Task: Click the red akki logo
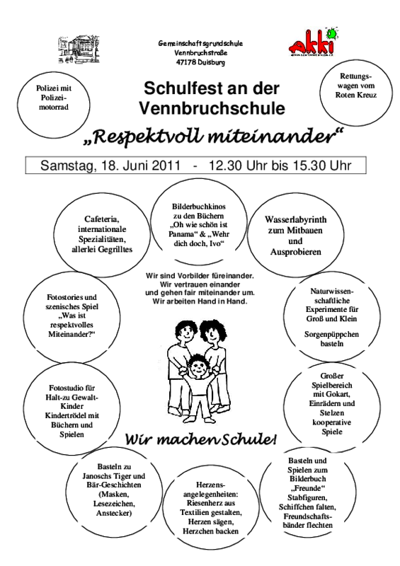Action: click(313, 42)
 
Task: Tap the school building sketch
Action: click(79, 49)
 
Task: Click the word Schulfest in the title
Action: click(176, 88)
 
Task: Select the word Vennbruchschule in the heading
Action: click(212, 108)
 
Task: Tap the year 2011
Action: click(166, 166)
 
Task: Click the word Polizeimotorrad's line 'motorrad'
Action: click(54, 108)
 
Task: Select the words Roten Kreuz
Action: click(356, 95)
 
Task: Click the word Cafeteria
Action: click(102, 219)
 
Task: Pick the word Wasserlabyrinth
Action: click(295, 219)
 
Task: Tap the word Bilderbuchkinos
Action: click(199, 207)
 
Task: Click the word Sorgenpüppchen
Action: click(332, 334)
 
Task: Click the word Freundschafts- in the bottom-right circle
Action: click(308, 516)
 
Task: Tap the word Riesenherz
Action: click(211, 503)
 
